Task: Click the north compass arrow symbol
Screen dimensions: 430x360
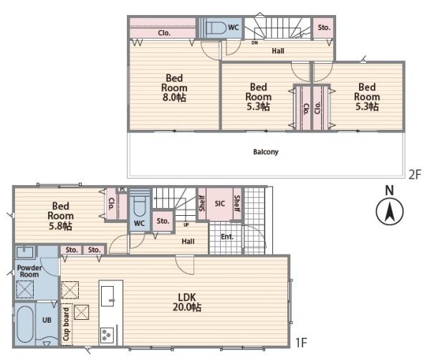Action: [x=389, y=212]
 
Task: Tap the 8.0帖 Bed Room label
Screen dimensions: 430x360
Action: [x=174, y=87]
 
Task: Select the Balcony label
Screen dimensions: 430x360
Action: [x=266, y=152]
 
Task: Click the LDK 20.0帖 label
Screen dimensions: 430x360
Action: [x=187, y=302]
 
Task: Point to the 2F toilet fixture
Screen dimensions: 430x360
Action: [x=216, y=28]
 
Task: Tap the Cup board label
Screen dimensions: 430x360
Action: [x=66, y=324]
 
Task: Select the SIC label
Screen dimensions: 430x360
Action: [x=220, y=204]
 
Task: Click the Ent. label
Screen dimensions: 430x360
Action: [x=227, y=237]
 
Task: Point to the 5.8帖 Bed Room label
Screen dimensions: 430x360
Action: [x=60, y=216]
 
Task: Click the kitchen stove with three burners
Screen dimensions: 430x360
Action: [x=107, y=336]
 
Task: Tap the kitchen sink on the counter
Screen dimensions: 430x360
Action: [x=107, y=296]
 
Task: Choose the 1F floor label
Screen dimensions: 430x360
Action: [x=301, y=343]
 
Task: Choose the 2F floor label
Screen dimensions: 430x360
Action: [x=414, y=174]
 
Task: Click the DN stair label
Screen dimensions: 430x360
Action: [x=254, y=43]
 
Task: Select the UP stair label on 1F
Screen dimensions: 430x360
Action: [x=186, y=224]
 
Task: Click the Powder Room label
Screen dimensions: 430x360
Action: [x=29, y=271]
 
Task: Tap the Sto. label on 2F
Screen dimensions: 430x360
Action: [x=324, y=27]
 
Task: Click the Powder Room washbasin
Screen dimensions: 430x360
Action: [x=25, y=252]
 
